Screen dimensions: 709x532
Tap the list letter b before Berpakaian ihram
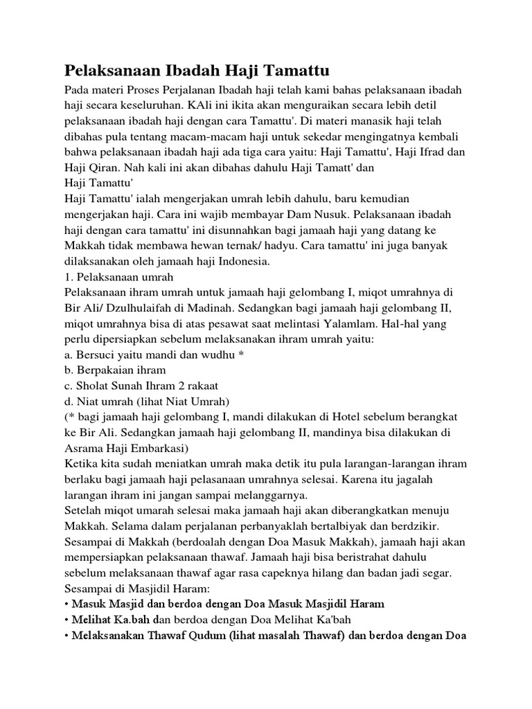66,370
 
